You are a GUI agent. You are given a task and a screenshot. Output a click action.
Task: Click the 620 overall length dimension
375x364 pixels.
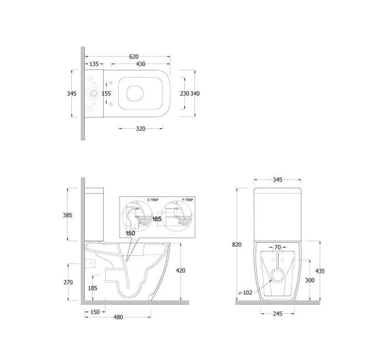point(134,56)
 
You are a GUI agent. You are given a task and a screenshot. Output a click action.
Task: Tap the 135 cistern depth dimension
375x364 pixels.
point(94,64)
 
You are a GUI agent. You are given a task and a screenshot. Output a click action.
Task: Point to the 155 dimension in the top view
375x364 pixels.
point(106,93)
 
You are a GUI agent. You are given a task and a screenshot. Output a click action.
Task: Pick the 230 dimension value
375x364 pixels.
point(184,93)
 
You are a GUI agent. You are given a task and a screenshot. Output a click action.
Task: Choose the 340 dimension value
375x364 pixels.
point(195,93)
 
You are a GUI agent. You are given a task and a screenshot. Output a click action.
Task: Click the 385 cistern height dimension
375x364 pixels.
point(67,215)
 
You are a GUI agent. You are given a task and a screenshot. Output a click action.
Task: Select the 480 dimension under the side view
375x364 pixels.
point(118,317)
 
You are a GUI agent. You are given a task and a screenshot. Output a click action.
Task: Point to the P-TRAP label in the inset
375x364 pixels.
point(188,200)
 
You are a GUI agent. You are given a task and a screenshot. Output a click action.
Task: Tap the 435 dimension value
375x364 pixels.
point(320,271)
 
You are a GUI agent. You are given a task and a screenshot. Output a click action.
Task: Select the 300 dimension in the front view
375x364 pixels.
point(309,281)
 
